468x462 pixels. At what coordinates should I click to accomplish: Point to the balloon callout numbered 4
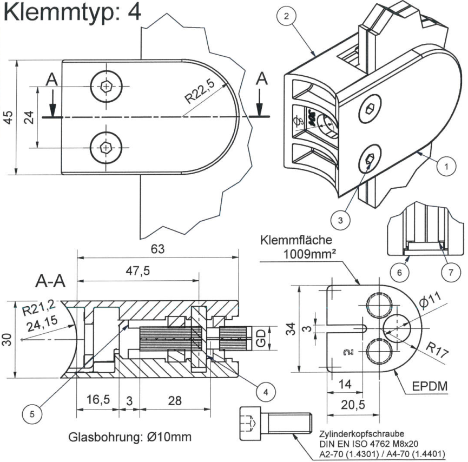click(x=265, y=390)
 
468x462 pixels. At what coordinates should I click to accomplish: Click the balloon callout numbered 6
click(x=399, y=273)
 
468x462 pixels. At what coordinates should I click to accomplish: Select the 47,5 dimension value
click(x=137, y=272)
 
